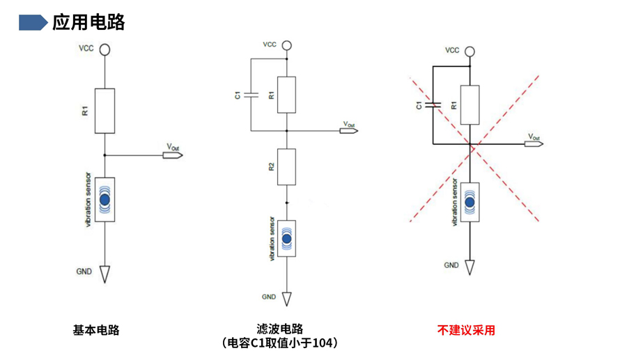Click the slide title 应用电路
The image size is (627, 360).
pyautogui.click(x=88, y=22)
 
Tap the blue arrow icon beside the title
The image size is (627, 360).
pyautogui.click(x=33, y=22)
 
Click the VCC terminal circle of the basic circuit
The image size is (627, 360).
pyautogui.click(x=104, y=49)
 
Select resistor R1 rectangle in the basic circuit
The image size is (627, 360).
pyautogui.click(x=104, y=111)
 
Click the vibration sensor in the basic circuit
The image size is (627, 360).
pyautogui.click(x=104, y=200)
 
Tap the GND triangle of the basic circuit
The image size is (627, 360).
pyautogui.click(x=104, y=274)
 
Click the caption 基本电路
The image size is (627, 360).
pyautogui.click(x=96, y=329)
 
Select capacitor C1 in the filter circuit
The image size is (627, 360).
pyautogui.click(x=251, y=95)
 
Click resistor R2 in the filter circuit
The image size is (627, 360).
pyautogui.click(x=286, y=166)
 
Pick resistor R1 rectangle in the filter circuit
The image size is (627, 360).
pyautogui.click(x=286, y=95)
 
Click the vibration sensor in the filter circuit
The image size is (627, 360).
pyautogui.click(x=286, y=239)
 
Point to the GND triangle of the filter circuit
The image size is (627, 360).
pyautogui.click(x=286, y=299)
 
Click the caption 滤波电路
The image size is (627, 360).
pyautogui.click(x=280, y=329)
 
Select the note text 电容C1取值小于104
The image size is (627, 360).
pyautogui.click(x=280, y=343)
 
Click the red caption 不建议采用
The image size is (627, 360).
pyautogui.click(x=466, y=329)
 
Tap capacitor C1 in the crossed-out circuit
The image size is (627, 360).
pyautogui.click(x=433, y=105)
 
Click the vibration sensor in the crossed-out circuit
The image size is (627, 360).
pyautogui.click(x=470, y=202)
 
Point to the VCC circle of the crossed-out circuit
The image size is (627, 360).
pyautogui.click(x=470, y=52)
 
